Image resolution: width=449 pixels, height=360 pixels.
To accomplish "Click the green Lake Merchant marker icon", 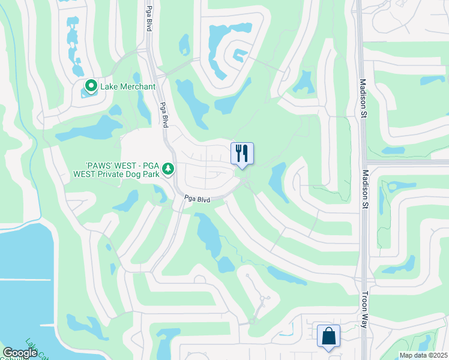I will coord(91,87).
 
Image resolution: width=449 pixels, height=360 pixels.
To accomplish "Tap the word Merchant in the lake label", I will coord(136,87).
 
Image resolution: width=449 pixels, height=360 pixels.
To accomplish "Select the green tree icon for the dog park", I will coord(169,167).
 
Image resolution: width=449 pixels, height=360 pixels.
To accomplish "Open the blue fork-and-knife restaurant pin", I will coord(242,154).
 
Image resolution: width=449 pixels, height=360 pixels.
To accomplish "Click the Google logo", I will coord(20,353).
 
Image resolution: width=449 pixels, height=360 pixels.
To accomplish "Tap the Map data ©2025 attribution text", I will coord(423,355).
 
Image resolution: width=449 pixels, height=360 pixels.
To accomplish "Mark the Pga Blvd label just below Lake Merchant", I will coord(164,113).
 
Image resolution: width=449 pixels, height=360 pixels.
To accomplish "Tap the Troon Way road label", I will coord(364,310).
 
